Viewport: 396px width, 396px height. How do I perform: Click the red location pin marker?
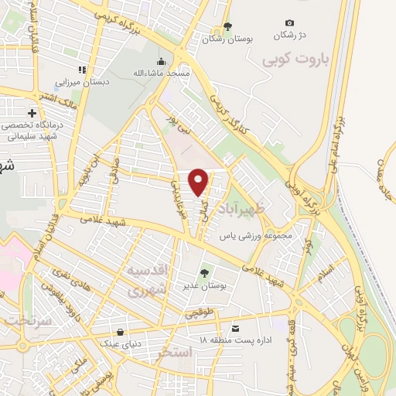[199, 182]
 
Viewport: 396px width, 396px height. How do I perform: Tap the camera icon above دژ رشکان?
[289, 23]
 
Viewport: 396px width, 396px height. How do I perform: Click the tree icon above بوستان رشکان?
[227, 26]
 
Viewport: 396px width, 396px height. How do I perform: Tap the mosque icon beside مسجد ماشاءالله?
[161, 62]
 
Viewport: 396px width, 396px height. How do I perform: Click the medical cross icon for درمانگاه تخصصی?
[32, 114]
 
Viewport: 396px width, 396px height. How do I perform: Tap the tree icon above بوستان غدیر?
[204, 272]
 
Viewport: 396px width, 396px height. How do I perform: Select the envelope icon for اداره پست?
[236, 326]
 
